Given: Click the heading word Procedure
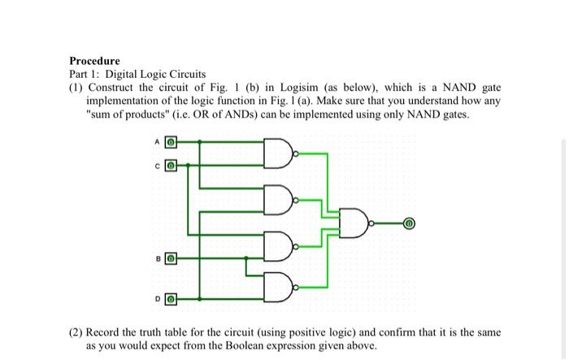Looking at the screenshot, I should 94,61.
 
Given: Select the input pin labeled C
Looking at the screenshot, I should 171,165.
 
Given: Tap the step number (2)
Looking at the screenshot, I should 76,333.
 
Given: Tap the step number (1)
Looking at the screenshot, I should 76,87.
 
